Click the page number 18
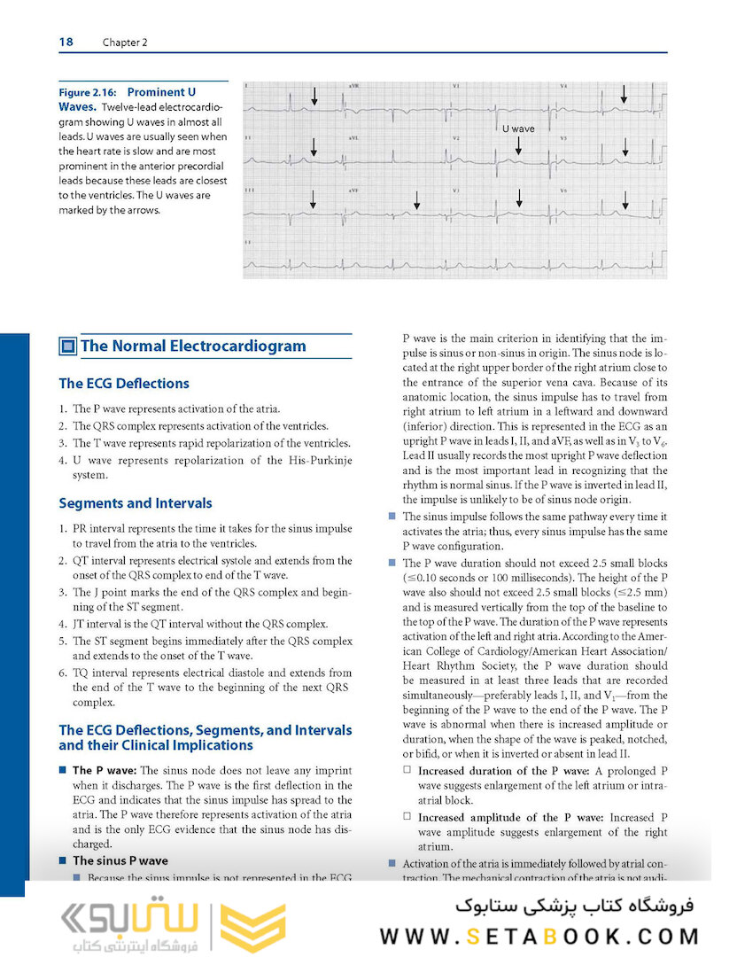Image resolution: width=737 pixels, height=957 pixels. [66, 42]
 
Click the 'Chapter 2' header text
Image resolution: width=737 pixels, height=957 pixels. [125, 43]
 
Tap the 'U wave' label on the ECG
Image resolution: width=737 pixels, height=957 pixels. [518, 129]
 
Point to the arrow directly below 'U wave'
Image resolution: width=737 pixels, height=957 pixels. [519, 146]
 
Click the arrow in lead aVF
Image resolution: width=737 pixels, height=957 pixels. [416, 201]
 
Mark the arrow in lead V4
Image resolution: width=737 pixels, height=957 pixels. [624, 93]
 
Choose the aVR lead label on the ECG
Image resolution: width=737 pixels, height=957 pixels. [354, 87]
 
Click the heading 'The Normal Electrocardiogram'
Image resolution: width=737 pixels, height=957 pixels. [193, 346]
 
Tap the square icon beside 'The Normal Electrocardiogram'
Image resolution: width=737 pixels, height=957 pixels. [67, 346]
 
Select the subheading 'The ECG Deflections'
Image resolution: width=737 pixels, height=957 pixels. [123, 384]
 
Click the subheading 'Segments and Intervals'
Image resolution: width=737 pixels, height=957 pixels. [135, 503]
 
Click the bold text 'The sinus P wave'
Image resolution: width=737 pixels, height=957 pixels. [120, 860]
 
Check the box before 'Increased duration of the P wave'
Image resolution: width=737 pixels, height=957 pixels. [407, 771]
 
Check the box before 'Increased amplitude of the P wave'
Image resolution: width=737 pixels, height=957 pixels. [407, 817]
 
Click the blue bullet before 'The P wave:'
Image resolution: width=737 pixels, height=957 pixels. [63, 771]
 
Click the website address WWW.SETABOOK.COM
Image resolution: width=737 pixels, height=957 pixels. [539, 937]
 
